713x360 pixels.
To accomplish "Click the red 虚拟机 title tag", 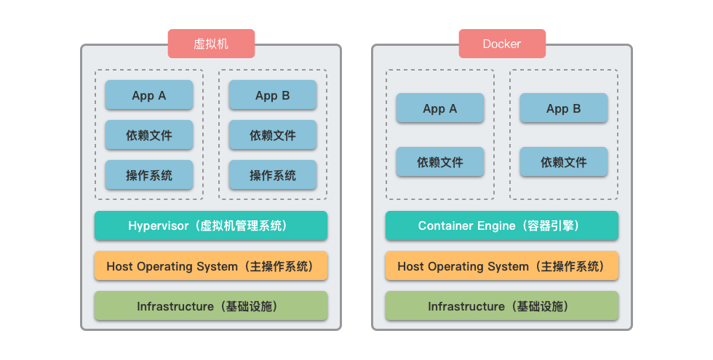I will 211,44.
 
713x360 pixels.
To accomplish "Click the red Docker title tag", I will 501,44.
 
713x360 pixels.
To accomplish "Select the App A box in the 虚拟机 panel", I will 149,95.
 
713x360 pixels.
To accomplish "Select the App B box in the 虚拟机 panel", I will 273,95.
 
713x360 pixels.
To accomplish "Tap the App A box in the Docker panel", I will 440,108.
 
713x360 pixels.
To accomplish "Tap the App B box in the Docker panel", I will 564,108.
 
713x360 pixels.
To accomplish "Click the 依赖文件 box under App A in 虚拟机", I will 149,135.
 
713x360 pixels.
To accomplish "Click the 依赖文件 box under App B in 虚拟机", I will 273,135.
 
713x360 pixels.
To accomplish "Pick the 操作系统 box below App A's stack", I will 149,175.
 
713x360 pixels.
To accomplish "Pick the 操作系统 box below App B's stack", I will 273,175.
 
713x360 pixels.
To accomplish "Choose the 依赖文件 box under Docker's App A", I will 440,162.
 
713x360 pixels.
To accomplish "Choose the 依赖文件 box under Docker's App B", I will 564,162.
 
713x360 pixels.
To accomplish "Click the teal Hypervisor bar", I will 211,226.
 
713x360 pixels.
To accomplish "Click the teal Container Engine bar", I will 501,226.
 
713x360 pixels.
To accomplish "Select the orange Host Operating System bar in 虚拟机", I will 211,266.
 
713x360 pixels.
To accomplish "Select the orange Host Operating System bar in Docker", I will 501,266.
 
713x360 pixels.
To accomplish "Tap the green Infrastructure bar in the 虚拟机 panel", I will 211,306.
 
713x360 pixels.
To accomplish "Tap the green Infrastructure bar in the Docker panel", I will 501,306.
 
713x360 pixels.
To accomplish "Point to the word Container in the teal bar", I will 442,226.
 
